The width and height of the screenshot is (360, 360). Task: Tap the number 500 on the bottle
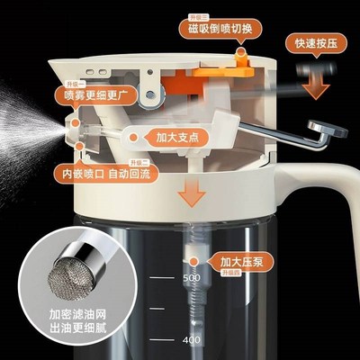[190, 279]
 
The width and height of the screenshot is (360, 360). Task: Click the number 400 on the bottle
[190, 340]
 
